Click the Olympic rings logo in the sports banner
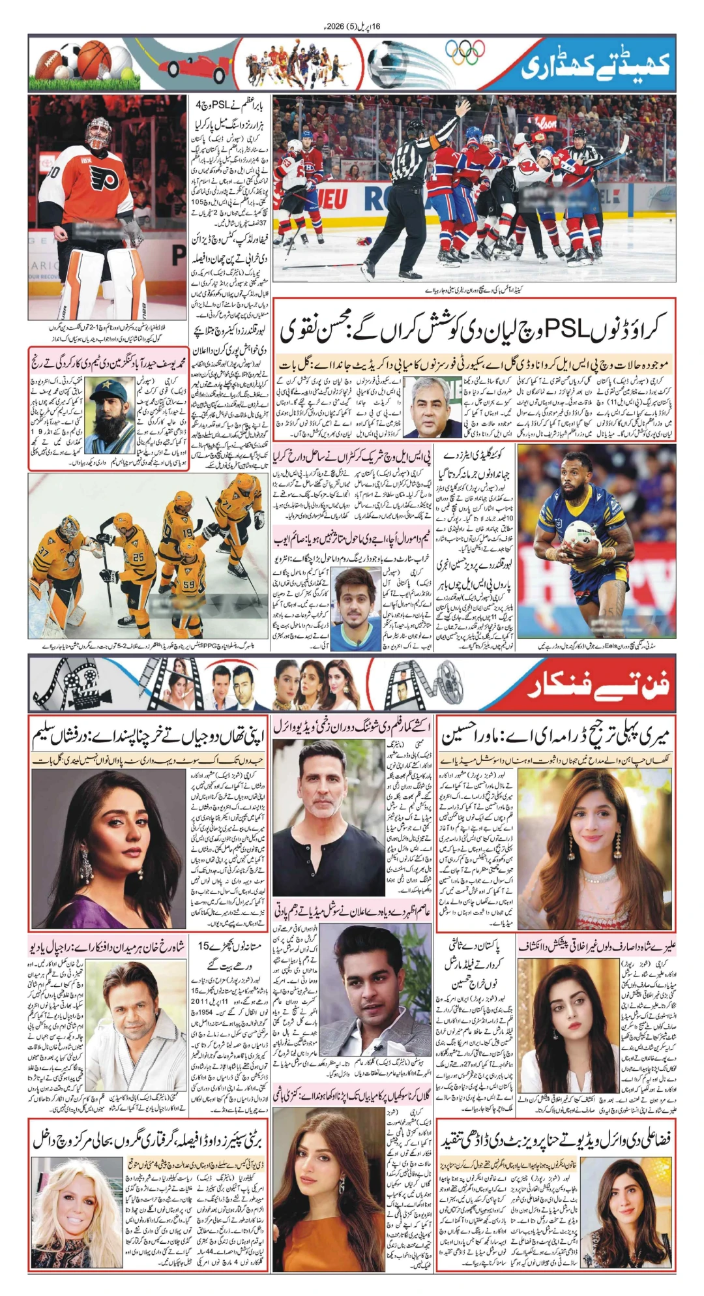(x=465, y=52)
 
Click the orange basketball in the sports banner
(x=94, y=59)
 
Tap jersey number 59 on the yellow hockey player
(x=189, y=585)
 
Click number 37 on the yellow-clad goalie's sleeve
(x=44, y=552)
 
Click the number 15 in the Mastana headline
(x=204, y=945)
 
